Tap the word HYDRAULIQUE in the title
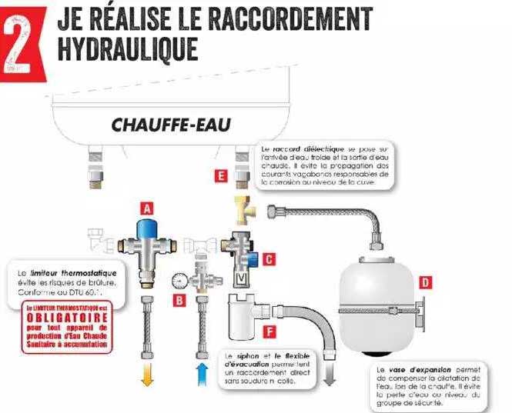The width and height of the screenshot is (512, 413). tap(128, 47)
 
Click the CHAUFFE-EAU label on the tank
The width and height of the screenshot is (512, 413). tap(171, 124)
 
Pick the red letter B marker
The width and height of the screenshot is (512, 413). tap(179, 301)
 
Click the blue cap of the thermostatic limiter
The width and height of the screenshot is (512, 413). tap(147, 228)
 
